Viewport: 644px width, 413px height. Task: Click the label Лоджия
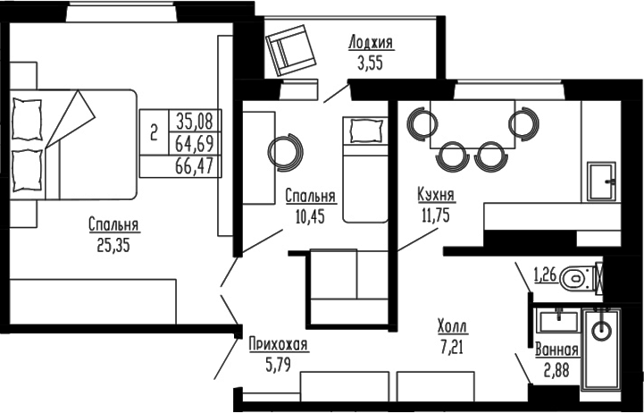(371, 43)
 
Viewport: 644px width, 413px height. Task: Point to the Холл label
(452, 326)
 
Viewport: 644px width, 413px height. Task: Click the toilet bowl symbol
(575, 279)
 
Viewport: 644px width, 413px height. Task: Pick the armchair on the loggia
(289, 50)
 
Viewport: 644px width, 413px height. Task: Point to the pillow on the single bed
(364, 131)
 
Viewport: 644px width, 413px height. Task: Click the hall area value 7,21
(452, 346)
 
